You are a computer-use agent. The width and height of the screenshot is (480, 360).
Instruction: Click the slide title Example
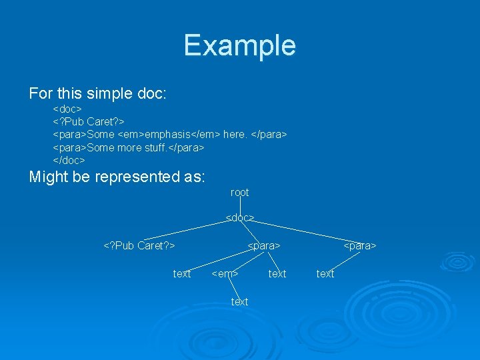pyautogui.click(x=239, y=45)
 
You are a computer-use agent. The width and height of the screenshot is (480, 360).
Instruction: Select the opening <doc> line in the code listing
pyautogui.click(x=67, y=108)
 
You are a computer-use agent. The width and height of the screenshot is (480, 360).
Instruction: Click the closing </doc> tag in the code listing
pyautogui.click(x=69, y=160)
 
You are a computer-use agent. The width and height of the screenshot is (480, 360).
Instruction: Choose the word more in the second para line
pyautogui.click(x=129, y=147)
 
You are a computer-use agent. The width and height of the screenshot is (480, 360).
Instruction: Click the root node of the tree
pyautogui.click(x=239, y=193)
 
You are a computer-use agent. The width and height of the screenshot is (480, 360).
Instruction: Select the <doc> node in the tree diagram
pyautogui.click(x=239, y=218)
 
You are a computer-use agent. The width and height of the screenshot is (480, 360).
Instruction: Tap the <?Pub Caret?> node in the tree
pyautogui.click(x=139, y=245)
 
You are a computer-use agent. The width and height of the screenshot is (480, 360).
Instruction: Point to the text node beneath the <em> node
pyautogui.click(x=239, y=302)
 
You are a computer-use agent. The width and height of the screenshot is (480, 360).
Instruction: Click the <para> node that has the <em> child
pyautogui.click(x=263, y=245)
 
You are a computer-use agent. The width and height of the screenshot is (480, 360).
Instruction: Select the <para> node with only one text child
pyautogui.click(x=360, y=245)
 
